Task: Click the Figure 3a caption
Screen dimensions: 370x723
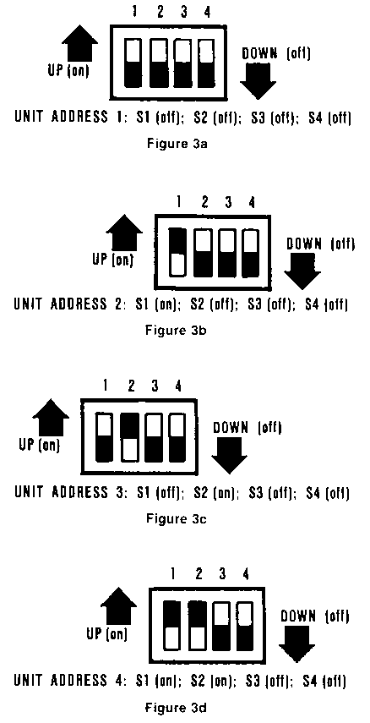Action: [x=177, y=144]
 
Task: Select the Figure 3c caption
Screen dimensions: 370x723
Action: [x=177, y=518]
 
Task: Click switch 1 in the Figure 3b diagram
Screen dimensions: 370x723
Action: [x=178, y=252]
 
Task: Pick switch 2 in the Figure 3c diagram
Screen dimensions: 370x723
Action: [x=131, y=437]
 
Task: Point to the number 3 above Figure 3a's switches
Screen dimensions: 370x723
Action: [x=184, y=13]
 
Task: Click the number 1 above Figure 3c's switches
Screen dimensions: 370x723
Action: [x=106, y=386]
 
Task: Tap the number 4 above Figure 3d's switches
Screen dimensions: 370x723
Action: [x=247, y=574]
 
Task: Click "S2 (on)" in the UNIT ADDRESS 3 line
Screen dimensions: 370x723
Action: [x=216, y=493]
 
